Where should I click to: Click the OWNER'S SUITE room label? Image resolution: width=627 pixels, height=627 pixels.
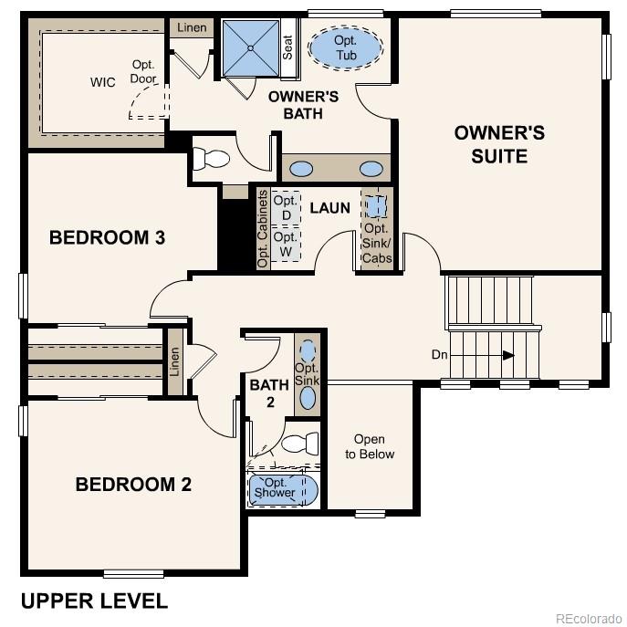coord(499,144)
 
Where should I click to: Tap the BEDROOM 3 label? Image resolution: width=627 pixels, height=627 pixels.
coord(107,238)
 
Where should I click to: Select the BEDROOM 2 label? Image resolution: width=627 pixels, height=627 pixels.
coord(133,485)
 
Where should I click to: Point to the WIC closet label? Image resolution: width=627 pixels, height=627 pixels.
coord(102,83)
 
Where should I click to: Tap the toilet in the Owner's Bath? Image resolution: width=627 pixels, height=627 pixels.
coord(212,159)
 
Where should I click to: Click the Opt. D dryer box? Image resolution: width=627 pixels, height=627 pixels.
coord(286,207)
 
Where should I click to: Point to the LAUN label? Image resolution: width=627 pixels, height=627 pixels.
coord(329,208)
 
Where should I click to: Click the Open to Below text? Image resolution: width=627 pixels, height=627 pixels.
coord(370,446)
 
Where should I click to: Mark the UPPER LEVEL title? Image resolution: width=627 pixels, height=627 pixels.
coord(94,601)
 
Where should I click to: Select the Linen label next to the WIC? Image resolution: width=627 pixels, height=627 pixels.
coord(191,28)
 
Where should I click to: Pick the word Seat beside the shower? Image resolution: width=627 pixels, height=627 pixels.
coord(287,47)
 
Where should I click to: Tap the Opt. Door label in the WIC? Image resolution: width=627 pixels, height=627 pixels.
coord(143,71)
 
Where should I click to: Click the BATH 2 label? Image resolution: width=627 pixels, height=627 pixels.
coord(269,392)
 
